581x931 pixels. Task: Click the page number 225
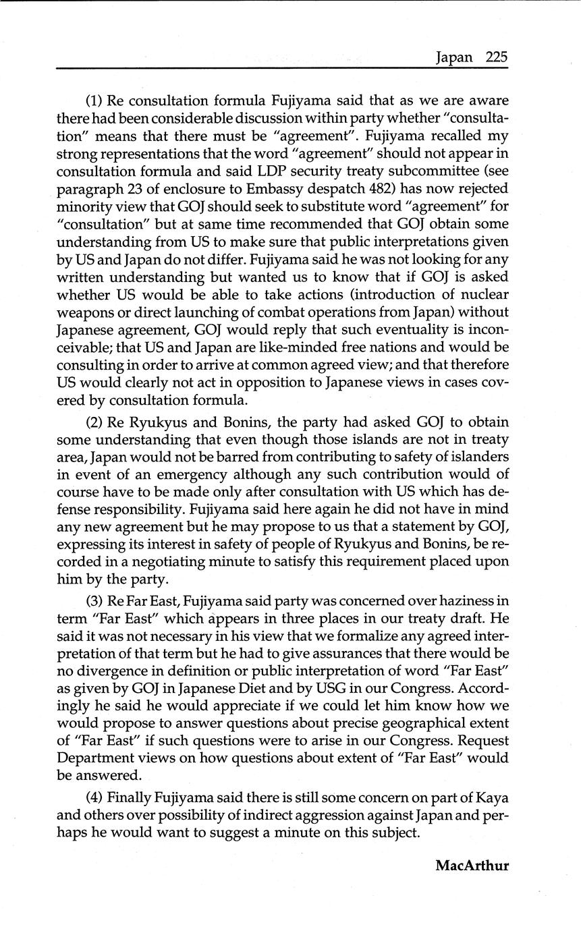click(x=496, y=57)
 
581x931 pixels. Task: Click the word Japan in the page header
click(x=454, y=57)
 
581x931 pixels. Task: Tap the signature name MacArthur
click(x=472, y=865)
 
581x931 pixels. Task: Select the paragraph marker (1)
click(x=94, y=101)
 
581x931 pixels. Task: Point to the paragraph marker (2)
click(x=94, y=422)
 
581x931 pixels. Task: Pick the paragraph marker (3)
click(x=94, y=601)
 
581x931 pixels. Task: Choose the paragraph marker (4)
click(x=94, y=797)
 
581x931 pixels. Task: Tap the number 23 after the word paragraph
click(x=136, y=189)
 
